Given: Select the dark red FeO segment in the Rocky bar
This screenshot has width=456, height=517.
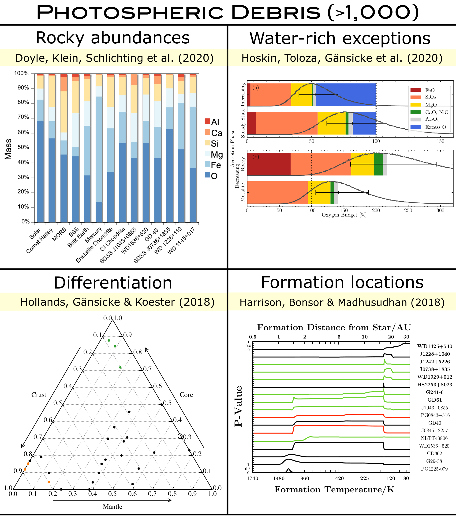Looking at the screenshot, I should pyautogui.click(x=269, y=164).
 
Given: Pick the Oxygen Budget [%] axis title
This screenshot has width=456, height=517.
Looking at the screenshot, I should pyautogui.click(x=344, y=215).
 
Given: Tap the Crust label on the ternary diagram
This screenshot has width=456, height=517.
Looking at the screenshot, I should pyautogui.click(x=39, y=395).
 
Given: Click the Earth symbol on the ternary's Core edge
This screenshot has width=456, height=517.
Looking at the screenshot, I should pyautogui.click(x=180, y=436).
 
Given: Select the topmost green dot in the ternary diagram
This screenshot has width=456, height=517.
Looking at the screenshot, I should pyautogui.click(x=109, y=340).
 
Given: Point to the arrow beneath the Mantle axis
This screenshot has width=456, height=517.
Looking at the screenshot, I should pyautogui.click(x=112, y=500).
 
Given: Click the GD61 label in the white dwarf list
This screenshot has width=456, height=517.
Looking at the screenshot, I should pyautogui.click(x=434, y=400).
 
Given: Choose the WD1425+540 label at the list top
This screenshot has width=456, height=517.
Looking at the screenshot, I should pyautogui.click(x=434, y=346).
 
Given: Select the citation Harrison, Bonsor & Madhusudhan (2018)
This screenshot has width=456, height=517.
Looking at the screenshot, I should pyautogui.click(x=342, y=302).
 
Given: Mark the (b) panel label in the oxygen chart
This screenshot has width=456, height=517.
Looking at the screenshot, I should pyautogui.click(x=256, y=157).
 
